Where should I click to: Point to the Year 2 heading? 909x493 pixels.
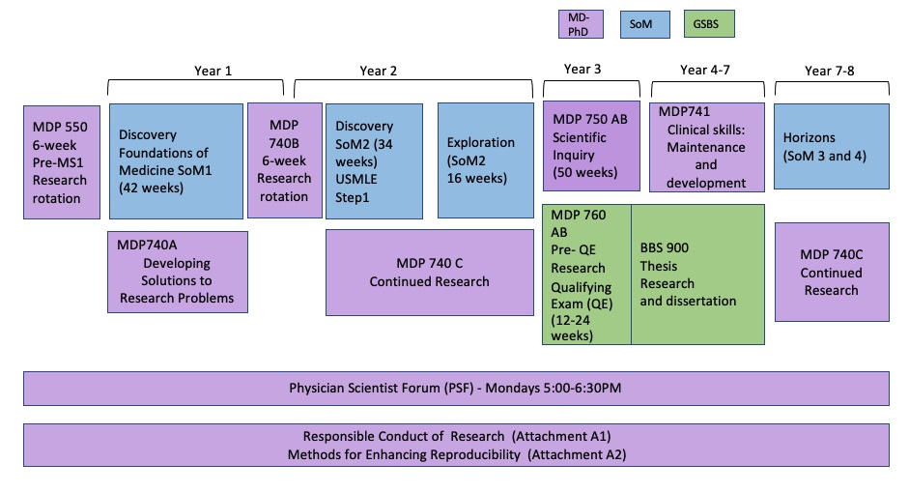379,70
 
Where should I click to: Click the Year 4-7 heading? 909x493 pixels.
707,70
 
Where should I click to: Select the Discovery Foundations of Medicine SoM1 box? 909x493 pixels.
175,160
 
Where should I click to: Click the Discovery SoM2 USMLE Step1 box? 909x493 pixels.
374,160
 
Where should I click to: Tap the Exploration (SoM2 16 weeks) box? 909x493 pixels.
485,160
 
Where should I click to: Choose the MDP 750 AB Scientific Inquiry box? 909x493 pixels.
591,145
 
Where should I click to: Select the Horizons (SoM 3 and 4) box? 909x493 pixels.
831,146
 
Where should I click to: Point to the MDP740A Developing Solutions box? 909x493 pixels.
177,272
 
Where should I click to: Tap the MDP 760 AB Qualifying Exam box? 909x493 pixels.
586,274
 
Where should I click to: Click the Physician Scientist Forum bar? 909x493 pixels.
456,388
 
